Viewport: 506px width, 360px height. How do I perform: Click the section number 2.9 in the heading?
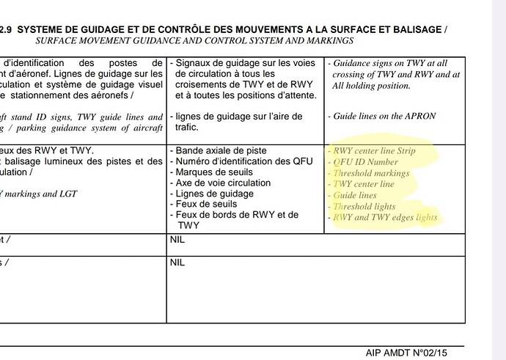click(x=7, y=30)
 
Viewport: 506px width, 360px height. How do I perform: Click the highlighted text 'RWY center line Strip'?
click(x=374, y=151)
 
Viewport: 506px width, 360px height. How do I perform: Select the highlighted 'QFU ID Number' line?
click(x=366, y=162)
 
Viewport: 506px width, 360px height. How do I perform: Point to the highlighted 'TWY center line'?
click(x=364, y=184)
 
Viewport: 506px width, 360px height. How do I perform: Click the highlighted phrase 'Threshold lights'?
click(x=364, y=207)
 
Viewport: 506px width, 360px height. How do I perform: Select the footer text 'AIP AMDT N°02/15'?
click(x=405, y=353)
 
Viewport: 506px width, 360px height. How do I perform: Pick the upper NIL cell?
click(x=177, y=240)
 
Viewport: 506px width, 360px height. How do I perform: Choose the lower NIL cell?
click(x=177, y=262)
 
